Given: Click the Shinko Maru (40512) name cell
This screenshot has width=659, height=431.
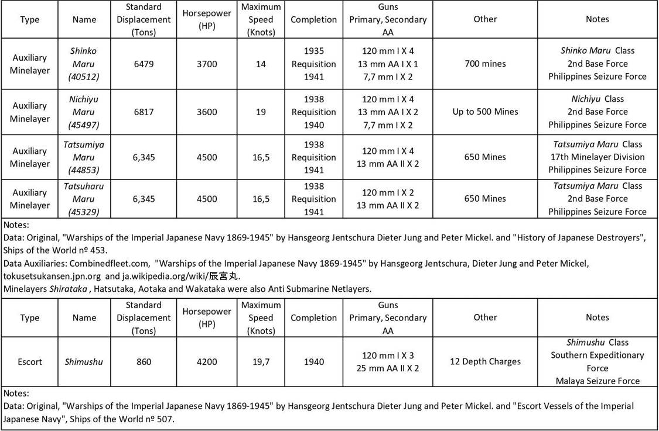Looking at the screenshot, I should (x=84, y=64).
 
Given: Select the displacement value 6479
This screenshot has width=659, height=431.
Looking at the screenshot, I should (x=144, y=64).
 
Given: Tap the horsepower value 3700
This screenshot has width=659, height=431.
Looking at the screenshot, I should (x=207, y=64).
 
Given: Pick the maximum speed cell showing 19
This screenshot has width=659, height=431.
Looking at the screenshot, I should (x=261, y=112).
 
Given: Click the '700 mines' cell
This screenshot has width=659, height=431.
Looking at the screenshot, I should (x=485, y=64).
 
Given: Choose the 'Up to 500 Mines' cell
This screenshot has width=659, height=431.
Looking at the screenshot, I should (x=485, y=112).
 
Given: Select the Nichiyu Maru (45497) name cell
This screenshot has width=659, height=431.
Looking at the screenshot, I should (x=84, y=112).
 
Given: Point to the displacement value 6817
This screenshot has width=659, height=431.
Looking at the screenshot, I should (x=144, y=112).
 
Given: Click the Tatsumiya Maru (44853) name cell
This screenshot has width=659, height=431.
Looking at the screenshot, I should (x=84, y=157).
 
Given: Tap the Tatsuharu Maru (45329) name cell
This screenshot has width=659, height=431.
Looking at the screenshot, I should (x=84, y=199).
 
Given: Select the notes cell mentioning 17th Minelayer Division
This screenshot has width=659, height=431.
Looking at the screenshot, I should (x=597, y=157).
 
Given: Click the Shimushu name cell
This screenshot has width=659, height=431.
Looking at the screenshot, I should (x=84, y=362).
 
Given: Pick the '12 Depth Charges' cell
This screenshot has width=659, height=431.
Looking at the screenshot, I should (x=485, y=361).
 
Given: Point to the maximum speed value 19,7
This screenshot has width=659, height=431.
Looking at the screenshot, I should (x=261, y=362).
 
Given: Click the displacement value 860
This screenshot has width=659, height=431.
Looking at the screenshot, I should (x=144, y=362).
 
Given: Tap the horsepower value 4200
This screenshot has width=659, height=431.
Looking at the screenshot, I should (x=207, y=362).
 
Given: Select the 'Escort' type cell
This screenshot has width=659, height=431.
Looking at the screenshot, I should (x=30, y=362).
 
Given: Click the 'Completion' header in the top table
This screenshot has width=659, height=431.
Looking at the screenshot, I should (x=314, y=19).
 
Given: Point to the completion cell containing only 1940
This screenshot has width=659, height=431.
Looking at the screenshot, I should (x=314, y=362).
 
